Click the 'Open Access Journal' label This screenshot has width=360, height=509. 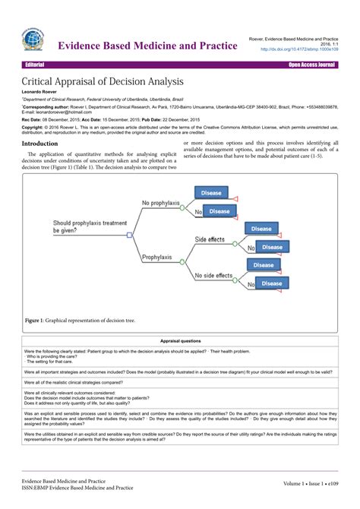[311, 65]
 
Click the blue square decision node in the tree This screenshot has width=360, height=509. [130, 236]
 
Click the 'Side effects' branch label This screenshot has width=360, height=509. [210, 239]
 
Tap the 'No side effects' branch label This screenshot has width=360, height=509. [213, 275]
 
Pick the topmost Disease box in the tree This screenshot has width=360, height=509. [211, 193]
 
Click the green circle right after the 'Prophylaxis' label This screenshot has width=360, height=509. [182, 261]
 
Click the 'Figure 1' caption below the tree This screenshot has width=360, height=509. [80, 321]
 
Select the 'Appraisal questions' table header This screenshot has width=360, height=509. [180, 341]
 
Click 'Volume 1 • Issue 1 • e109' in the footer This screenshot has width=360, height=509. [310, 484]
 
